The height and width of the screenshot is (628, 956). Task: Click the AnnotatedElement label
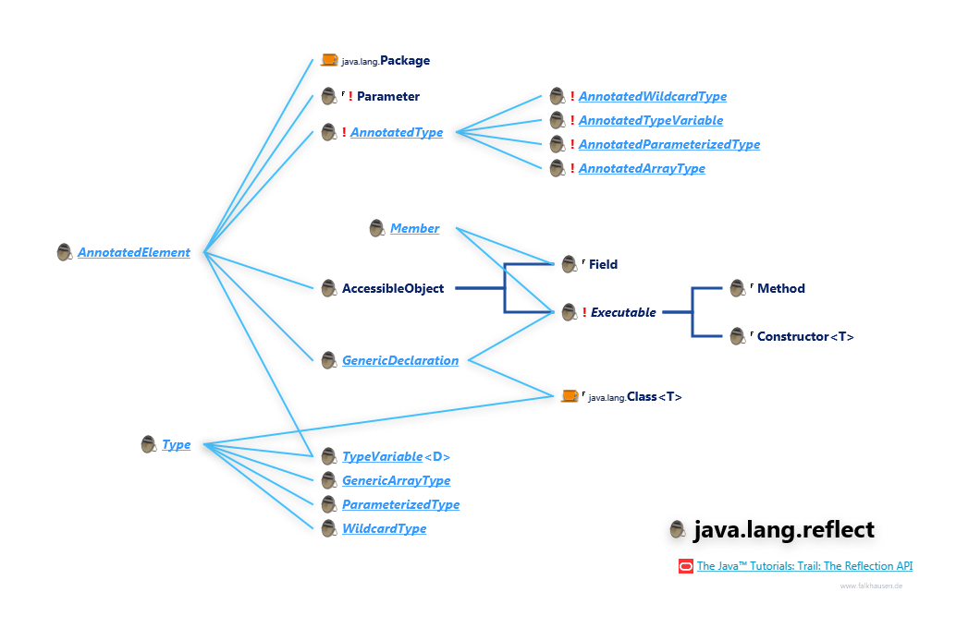(x=134, y=252)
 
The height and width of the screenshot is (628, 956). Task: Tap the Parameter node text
(x=388, y=96)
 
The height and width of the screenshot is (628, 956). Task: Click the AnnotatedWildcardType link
(x=653, y=96)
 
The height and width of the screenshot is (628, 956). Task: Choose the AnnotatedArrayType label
(x=642, y=168)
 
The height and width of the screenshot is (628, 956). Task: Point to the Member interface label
(x=414, y=228)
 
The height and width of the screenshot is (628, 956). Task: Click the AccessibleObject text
(x=393, y=288)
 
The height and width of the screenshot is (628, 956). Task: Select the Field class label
(x=603, y=264)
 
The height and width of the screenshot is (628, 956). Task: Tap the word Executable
(x=623, y=312)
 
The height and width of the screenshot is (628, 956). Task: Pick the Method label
(x=781, y=288)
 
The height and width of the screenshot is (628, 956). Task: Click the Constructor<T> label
(x=805, y=336)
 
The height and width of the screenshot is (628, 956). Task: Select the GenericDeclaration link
(x=400, y=360)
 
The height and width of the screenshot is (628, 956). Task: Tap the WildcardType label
(x=385, y=528)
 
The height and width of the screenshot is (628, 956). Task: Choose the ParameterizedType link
(x=400, y=504)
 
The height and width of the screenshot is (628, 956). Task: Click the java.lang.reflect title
(x=784, y=530)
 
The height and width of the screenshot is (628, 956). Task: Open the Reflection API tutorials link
(x=804, y=566)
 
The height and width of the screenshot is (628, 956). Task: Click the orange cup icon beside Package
(x=329, y=60)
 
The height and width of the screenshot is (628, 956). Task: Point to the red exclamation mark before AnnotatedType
(x=344, y=132)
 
